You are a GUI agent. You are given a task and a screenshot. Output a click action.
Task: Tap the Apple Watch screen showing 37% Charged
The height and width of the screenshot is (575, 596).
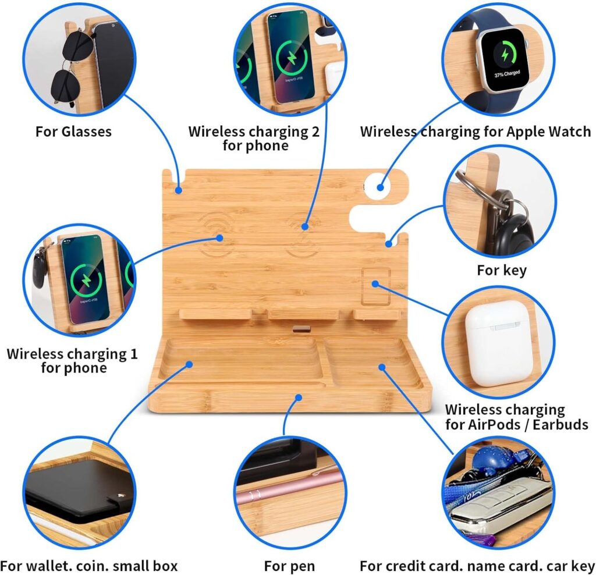pos(505,61)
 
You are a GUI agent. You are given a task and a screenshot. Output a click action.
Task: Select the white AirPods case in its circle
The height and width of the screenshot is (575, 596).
pos(498,343)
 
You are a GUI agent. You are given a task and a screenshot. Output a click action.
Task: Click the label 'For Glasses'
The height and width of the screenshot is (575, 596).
pos(73,132)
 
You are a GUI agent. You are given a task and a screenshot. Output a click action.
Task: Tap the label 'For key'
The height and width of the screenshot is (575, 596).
pos(501,270)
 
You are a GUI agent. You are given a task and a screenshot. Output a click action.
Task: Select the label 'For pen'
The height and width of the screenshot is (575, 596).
pos(289,566)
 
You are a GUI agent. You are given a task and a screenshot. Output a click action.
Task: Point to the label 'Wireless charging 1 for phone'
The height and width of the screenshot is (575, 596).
pos(72,361)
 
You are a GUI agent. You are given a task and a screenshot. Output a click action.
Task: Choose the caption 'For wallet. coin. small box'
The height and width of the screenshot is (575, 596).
pos(88,566)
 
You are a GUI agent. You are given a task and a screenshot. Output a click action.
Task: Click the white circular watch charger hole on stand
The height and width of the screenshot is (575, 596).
pos(381,187)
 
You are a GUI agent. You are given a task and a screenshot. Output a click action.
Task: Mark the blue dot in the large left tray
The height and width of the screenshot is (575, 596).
pos(189,365)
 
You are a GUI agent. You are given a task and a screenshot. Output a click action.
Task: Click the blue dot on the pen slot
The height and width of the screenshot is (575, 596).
pos(299,397)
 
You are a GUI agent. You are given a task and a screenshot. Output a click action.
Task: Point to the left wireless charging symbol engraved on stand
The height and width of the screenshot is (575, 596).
pos(220,236)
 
